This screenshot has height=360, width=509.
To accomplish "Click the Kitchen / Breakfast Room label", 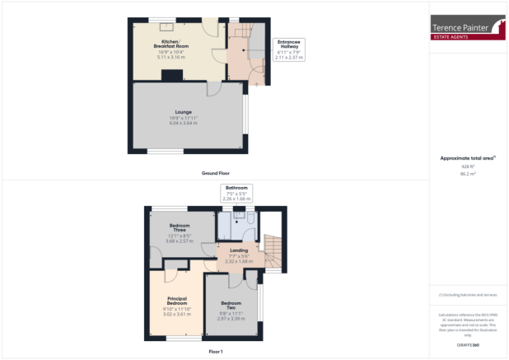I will (x=174, y=43).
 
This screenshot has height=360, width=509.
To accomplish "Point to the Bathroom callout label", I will (x=236, y=189).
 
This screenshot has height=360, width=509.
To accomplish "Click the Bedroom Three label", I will (x=179, y=229).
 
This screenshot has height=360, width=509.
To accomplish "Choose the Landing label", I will (x=239, y=250).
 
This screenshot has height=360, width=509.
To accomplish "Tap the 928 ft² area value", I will (x=469, y=166).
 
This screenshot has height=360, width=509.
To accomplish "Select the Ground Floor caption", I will (x=216, y=174).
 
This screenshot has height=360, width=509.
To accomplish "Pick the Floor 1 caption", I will (x=216, y=352).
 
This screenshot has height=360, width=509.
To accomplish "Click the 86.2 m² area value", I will (x=469, y=174).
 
